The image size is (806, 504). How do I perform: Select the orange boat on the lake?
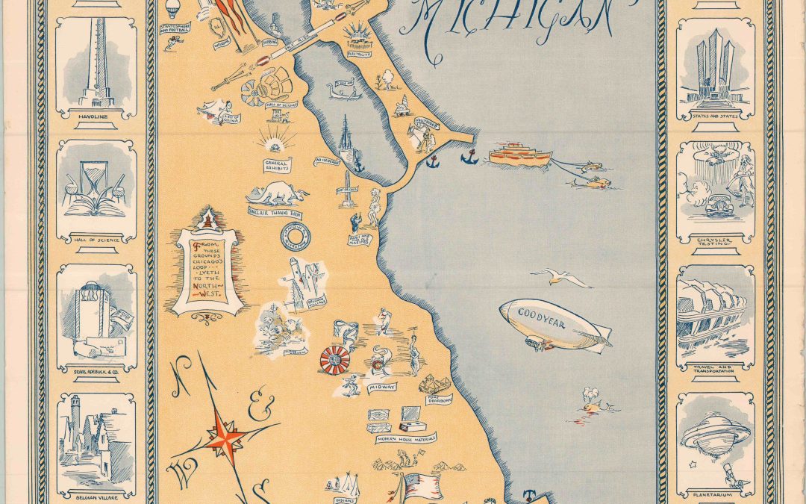520,155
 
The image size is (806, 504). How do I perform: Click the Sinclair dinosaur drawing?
278,195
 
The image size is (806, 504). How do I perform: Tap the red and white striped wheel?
334,361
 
